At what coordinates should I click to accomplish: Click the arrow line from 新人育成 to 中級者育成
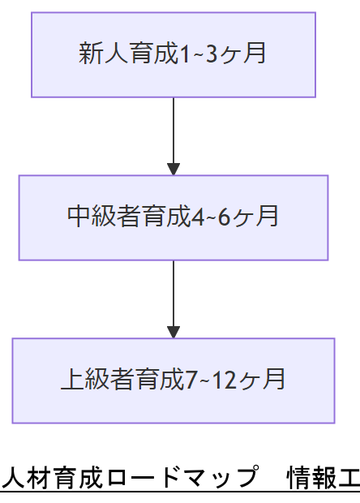pyautogui.click(x=173, y=130)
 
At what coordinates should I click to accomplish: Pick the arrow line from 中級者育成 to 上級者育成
pyautogui.click(x=173, y=292)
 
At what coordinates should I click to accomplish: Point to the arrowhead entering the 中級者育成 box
pyautogui.click(x=173, y=169)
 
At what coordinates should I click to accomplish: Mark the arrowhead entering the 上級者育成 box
pyautogui.click(x=173, y=331)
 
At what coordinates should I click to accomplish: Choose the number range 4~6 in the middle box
pyautogui.click(x=212, y=217)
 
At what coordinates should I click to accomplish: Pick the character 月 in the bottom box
pyautogui.click(x=274, y=379)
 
